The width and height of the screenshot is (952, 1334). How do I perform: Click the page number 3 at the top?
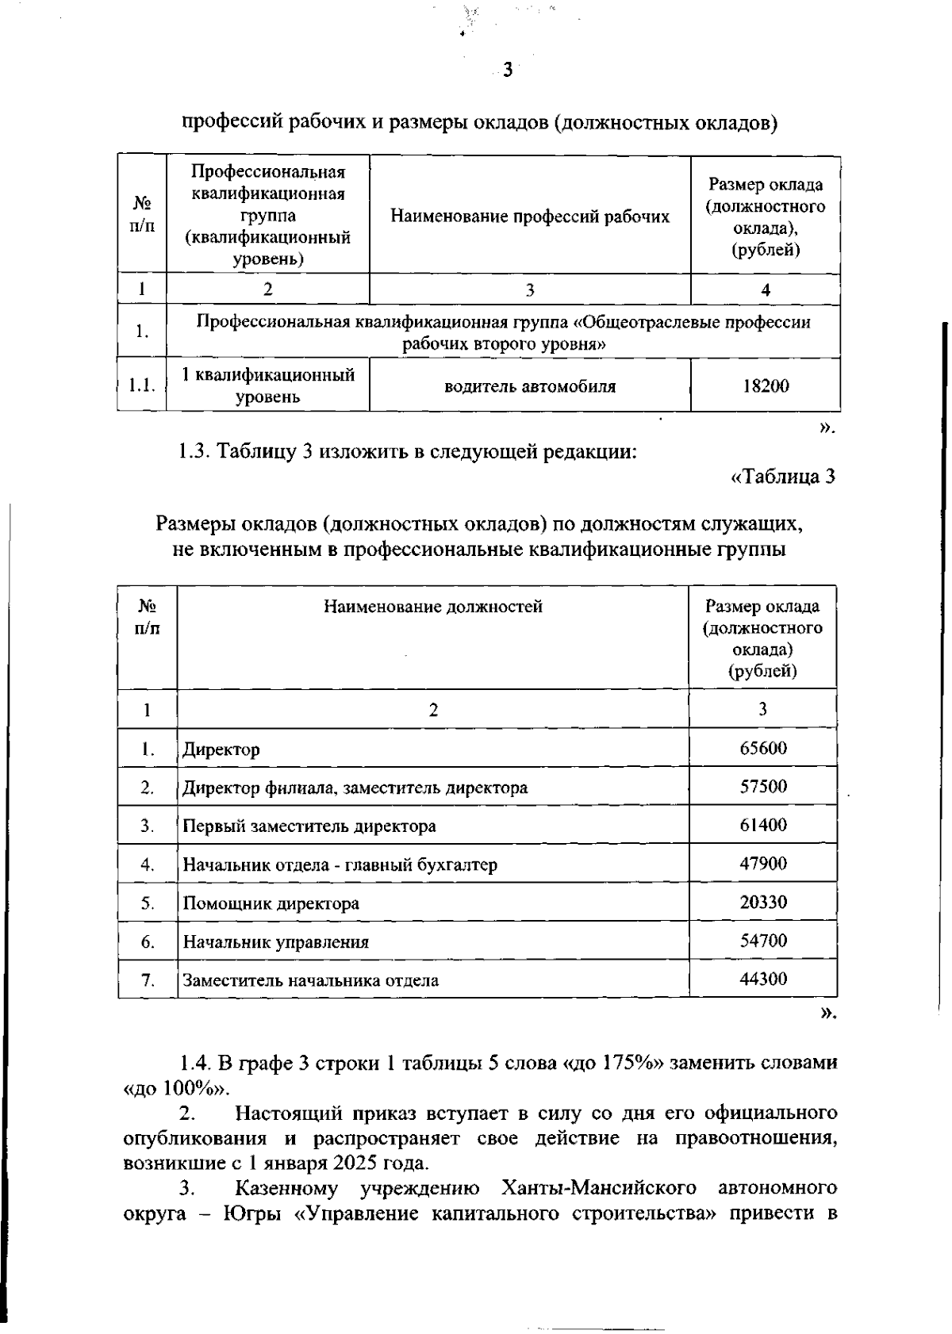click(x=508, y=71)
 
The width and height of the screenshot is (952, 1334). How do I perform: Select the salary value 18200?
click(x=765, y=386)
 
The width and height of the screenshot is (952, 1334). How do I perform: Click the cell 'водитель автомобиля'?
click(x=529, y=386)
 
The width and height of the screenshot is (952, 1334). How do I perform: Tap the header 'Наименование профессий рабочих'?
click(x=529, y=217)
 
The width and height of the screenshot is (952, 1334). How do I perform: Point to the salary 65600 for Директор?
click(x=763, y=748)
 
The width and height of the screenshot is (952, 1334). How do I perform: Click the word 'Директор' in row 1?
click(x=221, y=749)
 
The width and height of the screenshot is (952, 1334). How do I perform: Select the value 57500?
click(x=763, y=787)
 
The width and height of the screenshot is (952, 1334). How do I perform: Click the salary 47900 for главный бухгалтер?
click(x=763, y=864)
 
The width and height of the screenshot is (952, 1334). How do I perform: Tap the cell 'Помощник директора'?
click(x=271, y=903)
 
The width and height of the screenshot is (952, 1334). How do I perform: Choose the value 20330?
click(x=763, y=903)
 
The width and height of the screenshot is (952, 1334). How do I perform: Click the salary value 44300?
click(x=763, y=979)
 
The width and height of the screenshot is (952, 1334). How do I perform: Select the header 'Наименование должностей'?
click(x=433, y=607)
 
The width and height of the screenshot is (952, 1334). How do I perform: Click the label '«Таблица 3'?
click(x=782, y=477)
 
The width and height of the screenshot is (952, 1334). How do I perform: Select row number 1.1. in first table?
click(x=142, y=385)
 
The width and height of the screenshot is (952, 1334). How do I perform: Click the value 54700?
click(x=763, y=941)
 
